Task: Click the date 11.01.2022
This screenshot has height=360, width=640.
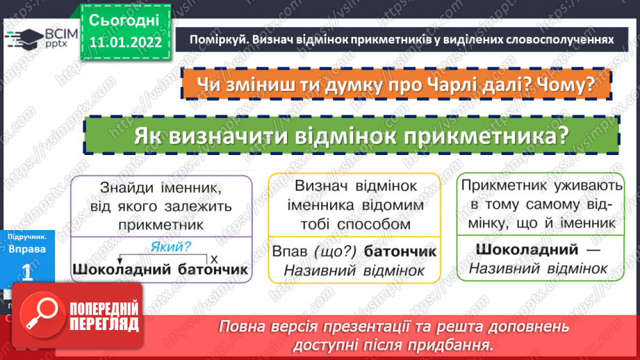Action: (x=125, y=42)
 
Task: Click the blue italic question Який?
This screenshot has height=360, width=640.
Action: (x=170, y=245)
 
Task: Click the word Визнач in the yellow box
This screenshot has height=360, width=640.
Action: (x=321, y=186)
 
